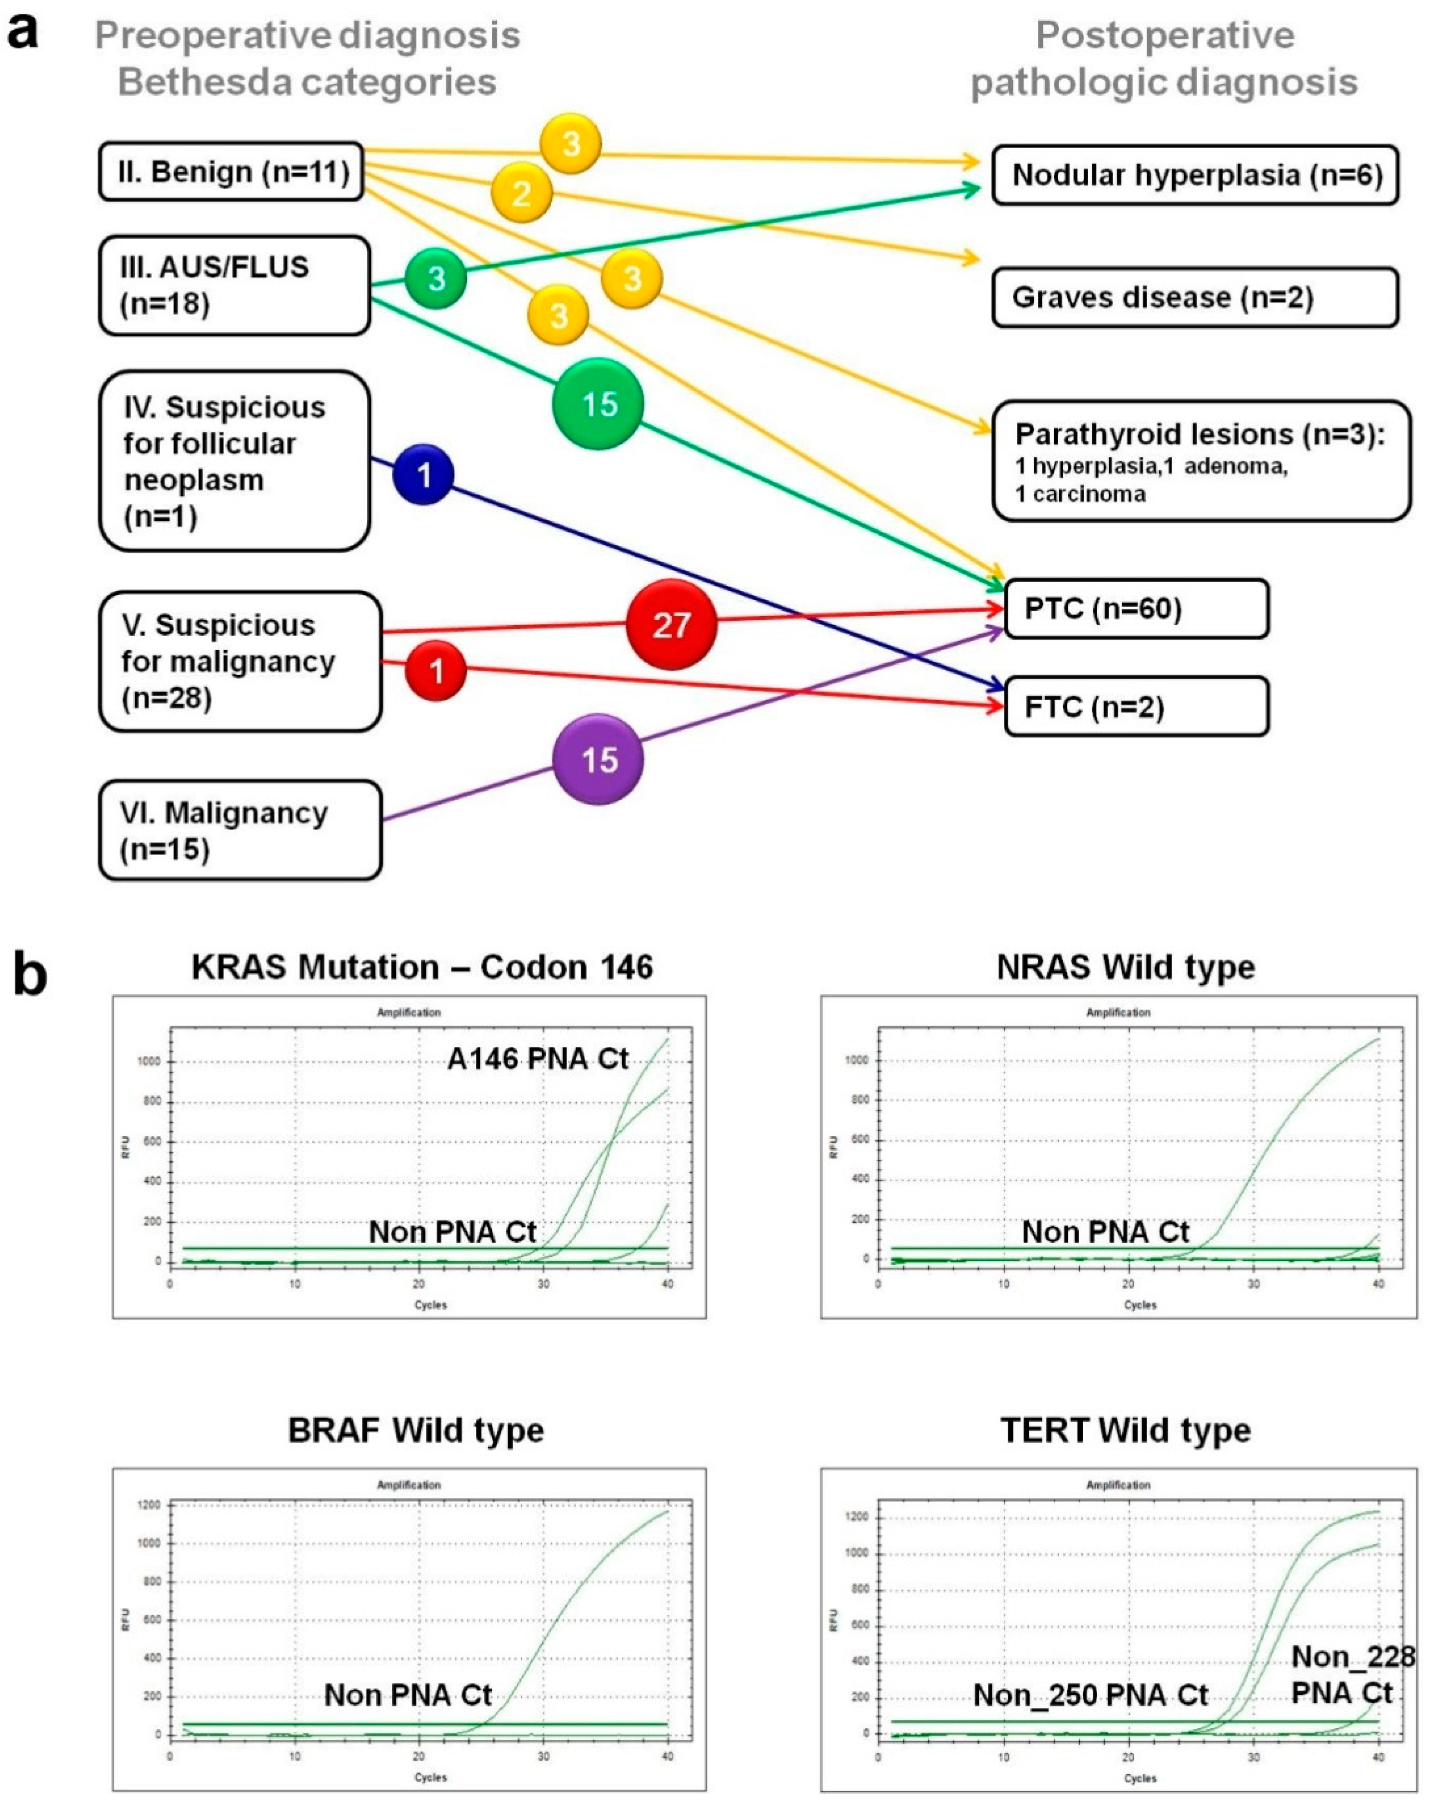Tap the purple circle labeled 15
[598, 759]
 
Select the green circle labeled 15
[598, 404]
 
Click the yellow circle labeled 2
[522, 193]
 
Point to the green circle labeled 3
[436, 278]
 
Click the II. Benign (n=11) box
[231, 171]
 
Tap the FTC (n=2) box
[1136, 707]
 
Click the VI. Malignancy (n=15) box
[240, 830]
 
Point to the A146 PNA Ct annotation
[537, 1058]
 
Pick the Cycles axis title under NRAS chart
[1140, 1305]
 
